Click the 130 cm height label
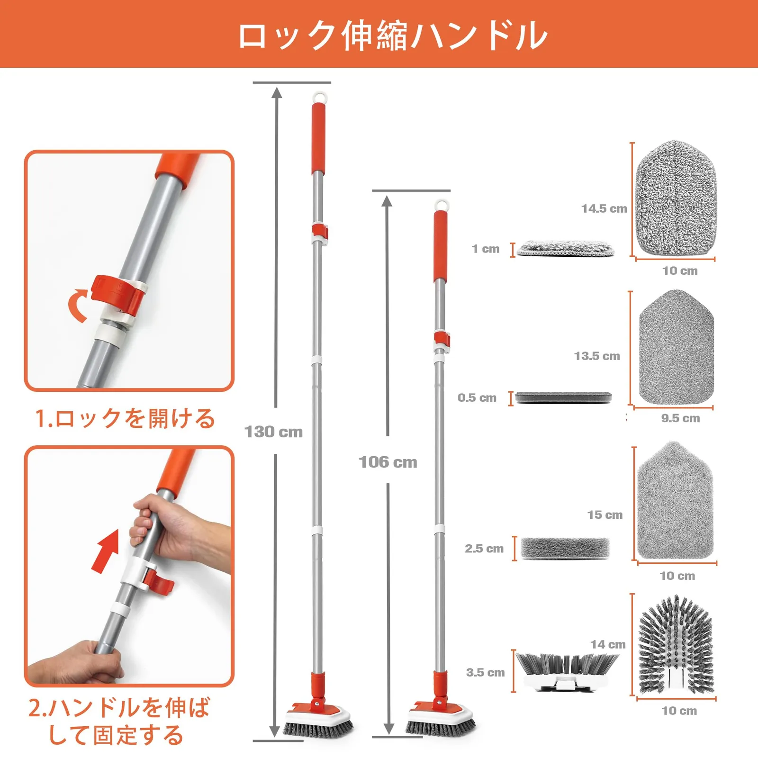tap(273, 432)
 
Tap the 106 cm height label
tap(388, 462)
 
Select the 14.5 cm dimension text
tap(604, 208)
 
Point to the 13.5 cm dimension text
tap(597, 356)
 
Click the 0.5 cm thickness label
tap(477, 397)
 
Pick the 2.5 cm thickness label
tap(484, 548)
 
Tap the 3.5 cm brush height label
tap(486, 672)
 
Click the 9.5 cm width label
tap(680, 418)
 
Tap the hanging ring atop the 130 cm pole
tap(320, 97)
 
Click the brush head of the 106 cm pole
tap(440, 718)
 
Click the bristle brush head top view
tap(676, 644)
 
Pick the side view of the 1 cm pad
tap(566, 248)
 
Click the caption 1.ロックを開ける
tap(126, 418)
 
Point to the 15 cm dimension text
tap(605, 514)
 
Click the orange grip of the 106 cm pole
tap(441, 246)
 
